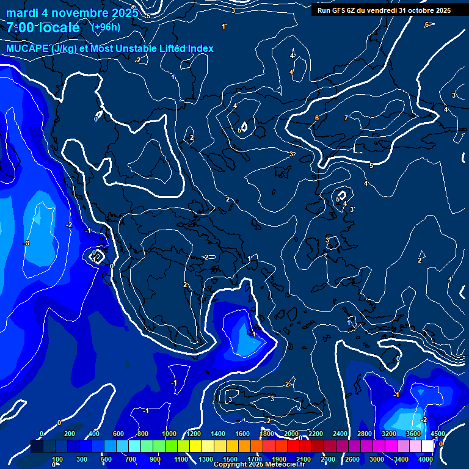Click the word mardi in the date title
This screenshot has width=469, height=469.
[x=23, y=13]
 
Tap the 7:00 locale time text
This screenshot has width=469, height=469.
[x=43, y=27]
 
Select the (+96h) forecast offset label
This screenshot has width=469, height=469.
[x=106, y=27]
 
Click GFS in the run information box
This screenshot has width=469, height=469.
[x=340, y=10]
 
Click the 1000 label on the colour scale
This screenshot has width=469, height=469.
[x=169, y=434]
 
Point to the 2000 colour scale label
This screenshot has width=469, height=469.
[x=291, y=434]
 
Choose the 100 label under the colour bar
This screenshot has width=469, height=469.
[x=57, y=459]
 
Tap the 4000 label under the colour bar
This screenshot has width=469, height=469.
[x=426, y=459]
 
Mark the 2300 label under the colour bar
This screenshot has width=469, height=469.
[x=328, y=459]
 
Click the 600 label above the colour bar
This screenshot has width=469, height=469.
[x=118, y=434]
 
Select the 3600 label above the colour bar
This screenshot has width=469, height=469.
[x=413, y=434]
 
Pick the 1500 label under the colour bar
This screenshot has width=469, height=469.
[x=230, y=459]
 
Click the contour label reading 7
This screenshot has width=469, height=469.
[x=346, y=118]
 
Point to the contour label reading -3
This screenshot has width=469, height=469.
[x=26, y=244]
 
